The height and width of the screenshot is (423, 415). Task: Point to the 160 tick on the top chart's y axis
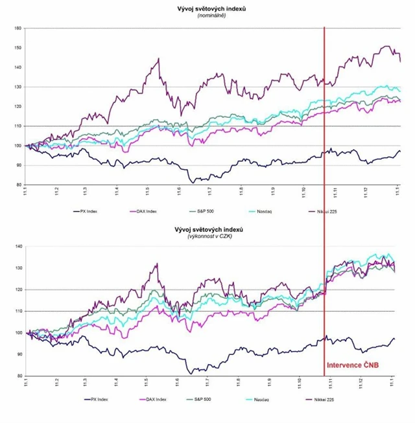click(x=18, y=28)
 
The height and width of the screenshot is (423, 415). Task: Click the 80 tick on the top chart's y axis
click(x=18, y=185)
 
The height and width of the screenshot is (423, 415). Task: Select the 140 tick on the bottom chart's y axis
click(x=18, y=247)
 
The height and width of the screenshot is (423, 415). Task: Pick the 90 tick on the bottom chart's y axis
click(x=18, y=354)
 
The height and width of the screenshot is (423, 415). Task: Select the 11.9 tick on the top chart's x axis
click(x=272, y=192)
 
